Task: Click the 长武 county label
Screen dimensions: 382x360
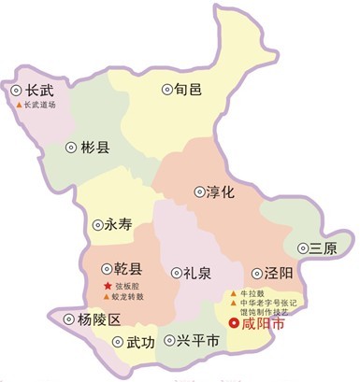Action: click(40, 91)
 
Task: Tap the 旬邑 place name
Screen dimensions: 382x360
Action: click(189, 90)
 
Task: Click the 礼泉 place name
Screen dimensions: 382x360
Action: click(196, 273)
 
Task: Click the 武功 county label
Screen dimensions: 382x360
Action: click(141, 343)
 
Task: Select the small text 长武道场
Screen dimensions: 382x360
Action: click(46, 105)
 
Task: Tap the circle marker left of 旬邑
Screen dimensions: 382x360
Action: click(167, 90)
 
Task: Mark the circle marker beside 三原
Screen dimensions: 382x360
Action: click(305, 248)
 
